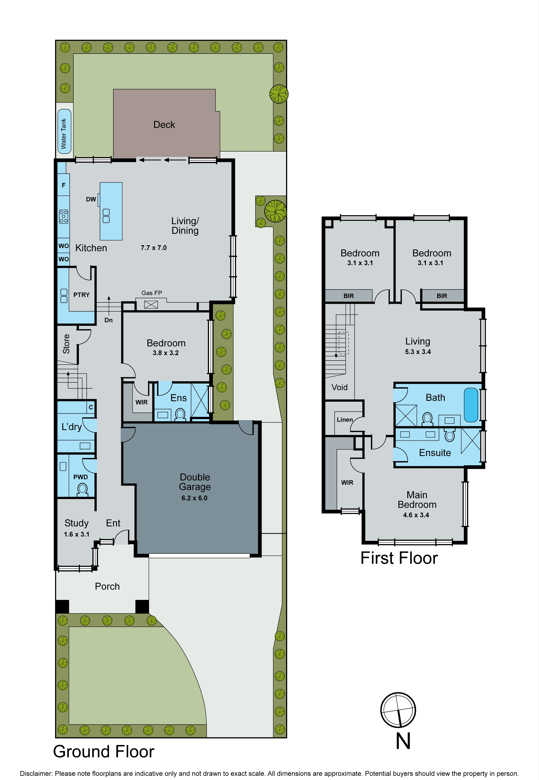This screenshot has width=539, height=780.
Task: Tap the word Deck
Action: click(x=164, y=125)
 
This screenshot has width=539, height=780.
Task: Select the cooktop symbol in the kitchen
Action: click(x=63, y=216)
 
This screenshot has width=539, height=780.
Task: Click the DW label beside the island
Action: click(x=91, y=199)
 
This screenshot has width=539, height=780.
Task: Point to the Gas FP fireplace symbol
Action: click(x=151, y=304)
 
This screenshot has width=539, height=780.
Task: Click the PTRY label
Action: click(x=81, y=295)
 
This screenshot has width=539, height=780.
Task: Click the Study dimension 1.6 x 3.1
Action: click(x=77, y=534)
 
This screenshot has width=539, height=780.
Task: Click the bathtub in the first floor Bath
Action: click(x=471, y=405)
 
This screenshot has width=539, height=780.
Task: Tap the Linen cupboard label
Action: click(x=344, y=419)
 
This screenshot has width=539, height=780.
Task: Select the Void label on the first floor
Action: click(x=339, y=387)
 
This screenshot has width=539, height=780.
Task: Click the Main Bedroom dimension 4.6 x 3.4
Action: click(x=416, y=515)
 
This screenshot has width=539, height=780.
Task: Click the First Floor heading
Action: click(x=399, y=558)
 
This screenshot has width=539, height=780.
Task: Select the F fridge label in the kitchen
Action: click(x=63, y=185)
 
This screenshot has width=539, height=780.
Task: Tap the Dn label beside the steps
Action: click(x=108, y=320)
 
